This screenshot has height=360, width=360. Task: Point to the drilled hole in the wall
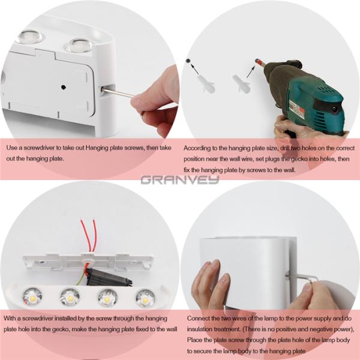click(x=188, y=61)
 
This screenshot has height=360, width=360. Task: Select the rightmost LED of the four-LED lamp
click(x=144, y=296)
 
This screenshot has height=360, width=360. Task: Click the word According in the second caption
click(x=198, y=148)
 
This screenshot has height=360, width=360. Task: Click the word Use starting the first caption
click(x=12, y=148)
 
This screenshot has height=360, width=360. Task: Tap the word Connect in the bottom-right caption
click(x=199, y=318)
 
